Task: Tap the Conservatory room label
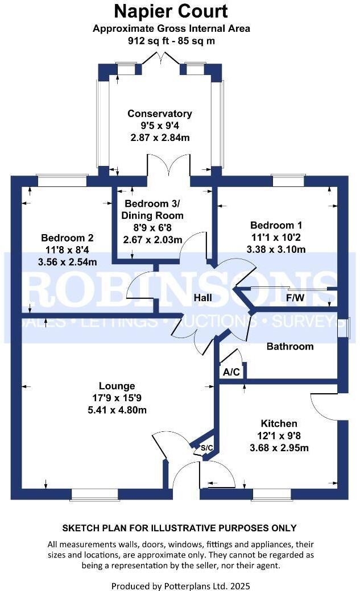coord(159,114)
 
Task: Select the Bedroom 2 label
coord(67,238)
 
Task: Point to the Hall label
coord(202,298)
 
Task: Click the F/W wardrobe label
coord(295,297)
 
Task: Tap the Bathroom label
coord(290,346)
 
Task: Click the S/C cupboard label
coord(207,448)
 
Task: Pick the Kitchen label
coord(279,423)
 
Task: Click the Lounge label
coord(117,386)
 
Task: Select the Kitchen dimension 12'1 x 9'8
coord(279,436)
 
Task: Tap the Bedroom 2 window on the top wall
coord(62,180)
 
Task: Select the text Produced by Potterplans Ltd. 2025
coord(180,585)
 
